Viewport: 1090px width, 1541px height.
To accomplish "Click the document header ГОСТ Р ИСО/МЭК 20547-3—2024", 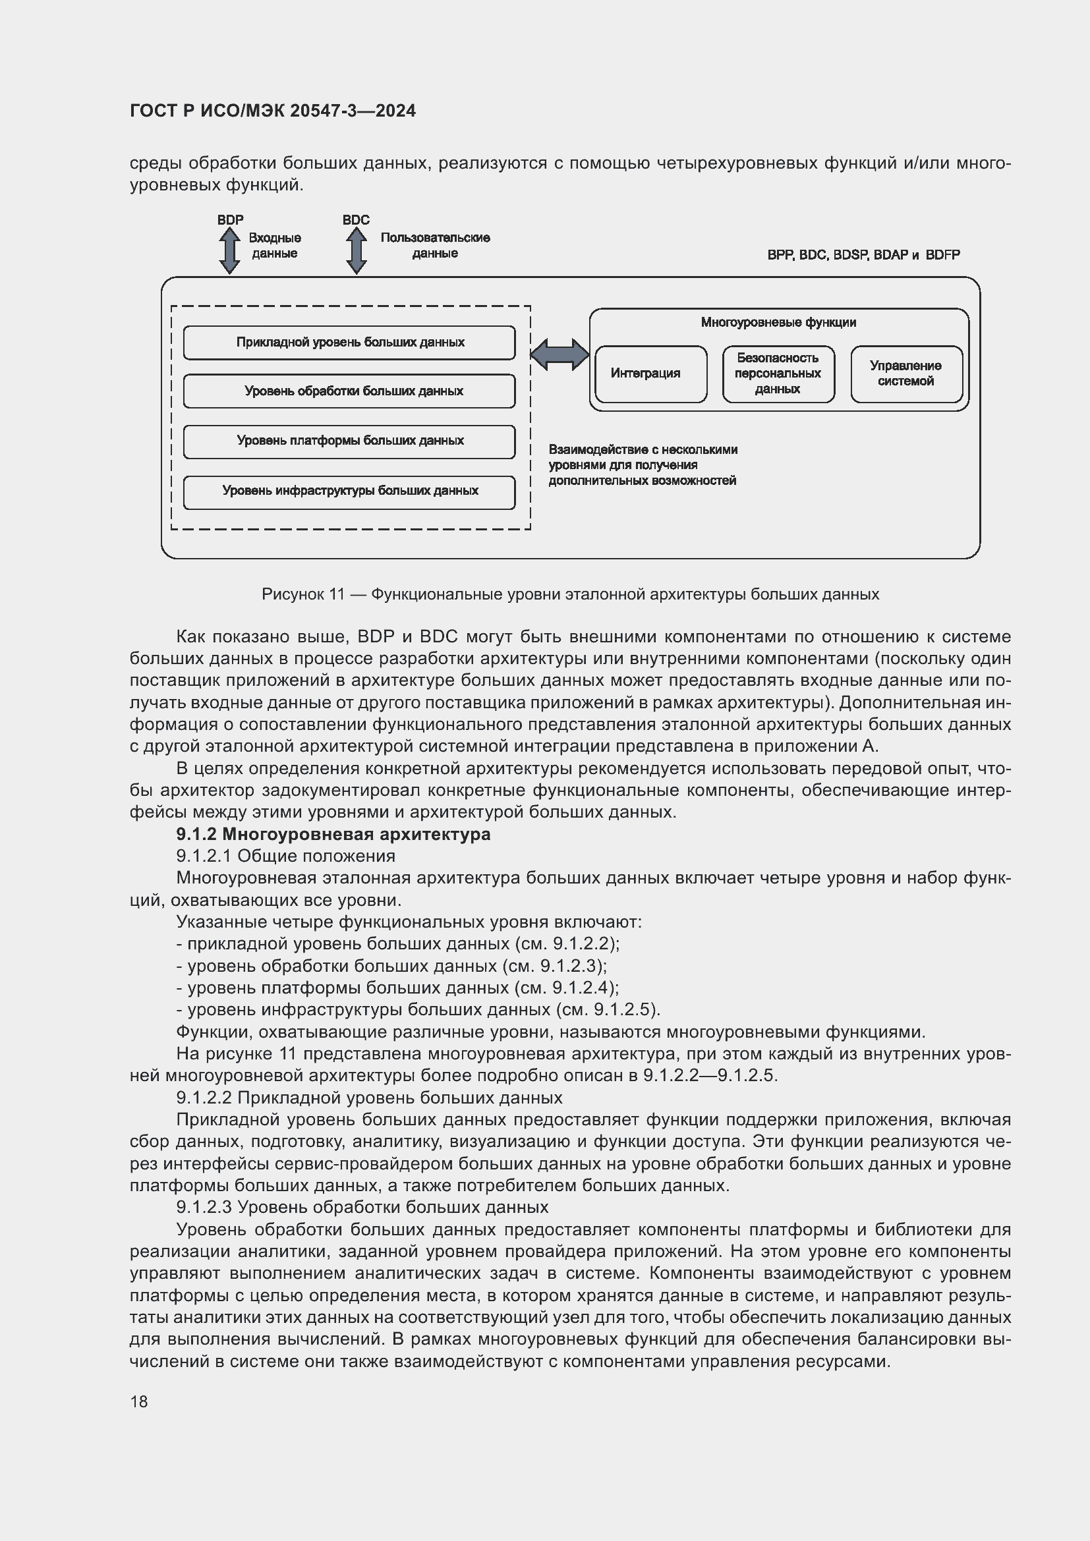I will tap(273, 111).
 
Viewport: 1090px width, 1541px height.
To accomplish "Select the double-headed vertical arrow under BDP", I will tap(229, 250).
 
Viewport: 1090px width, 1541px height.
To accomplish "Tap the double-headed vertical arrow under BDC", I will tap(356, 250).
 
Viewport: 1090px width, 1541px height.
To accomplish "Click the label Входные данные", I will tap(275, 246).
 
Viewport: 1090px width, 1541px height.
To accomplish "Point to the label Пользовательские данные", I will tap(435, 246).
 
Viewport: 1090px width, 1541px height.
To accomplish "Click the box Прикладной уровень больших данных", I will tap(349, 343).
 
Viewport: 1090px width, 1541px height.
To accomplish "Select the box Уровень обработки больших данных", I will tap(349, 391).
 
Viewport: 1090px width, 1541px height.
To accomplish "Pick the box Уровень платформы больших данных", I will tap(349, 441).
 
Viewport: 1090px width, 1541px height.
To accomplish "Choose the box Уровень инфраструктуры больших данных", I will tap(349, 491).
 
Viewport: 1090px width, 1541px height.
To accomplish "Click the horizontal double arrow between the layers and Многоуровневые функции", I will tap(559, 354).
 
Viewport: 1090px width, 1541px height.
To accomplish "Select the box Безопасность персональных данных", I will tap(778, 374).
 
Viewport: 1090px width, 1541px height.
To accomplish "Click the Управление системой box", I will tap(906, 374).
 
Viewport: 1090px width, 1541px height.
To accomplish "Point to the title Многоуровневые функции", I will tap(778, 323).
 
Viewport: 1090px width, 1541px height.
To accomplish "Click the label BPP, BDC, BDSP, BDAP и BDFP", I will tap(863, 255).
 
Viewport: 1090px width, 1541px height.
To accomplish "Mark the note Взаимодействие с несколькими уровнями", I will tap(643, 465).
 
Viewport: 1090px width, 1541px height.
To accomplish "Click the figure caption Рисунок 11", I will tap(570, 594).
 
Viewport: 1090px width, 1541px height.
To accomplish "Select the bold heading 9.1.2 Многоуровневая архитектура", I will tap(333, 834).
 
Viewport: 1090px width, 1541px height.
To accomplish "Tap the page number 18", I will tap(139, 1401).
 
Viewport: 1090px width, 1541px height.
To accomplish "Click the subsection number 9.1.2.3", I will tap(204, 1207).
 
